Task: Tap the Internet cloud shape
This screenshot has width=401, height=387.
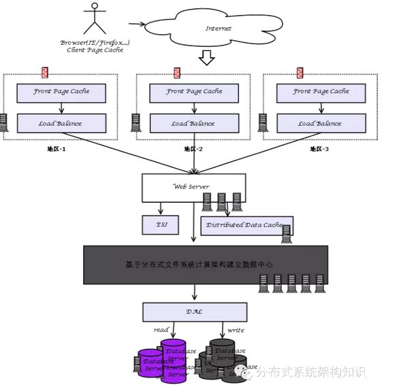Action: pos(217,29)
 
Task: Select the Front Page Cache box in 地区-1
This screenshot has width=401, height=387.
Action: pos(61,91)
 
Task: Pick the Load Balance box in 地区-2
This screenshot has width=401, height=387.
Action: pos(194,123)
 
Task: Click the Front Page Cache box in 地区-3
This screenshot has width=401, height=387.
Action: pos(321,91)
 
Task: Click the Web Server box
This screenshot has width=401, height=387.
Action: pos(193,186)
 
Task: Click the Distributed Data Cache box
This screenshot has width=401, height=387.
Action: pos(245,225)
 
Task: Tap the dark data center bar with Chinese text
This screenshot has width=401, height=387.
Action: pos(204,264)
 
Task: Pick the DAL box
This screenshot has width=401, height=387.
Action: pos(195,312)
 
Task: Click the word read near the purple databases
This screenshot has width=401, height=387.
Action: pos(161,330)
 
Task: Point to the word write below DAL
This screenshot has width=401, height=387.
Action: pos(236,330)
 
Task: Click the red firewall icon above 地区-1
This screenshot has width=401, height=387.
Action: pos(45,72)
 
